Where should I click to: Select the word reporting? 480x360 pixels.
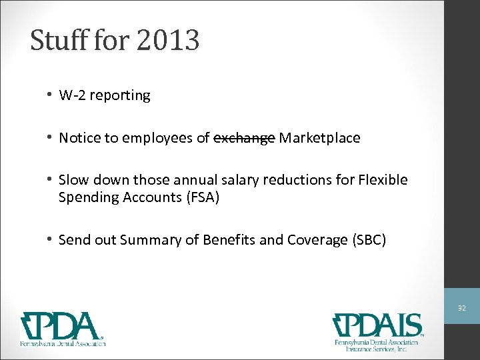(x=120, y=95)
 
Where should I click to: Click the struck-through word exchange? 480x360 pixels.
(x=244, y=138)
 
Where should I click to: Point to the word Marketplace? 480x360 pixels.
(x=319, y=138)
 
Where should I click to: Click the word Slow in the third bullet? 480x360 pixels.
(x=73, y=181)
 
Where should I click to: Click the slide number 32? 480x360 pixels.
(x=461, y=309)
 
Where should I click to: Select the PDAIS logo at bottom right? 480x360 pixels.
(x=378, y=331)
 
